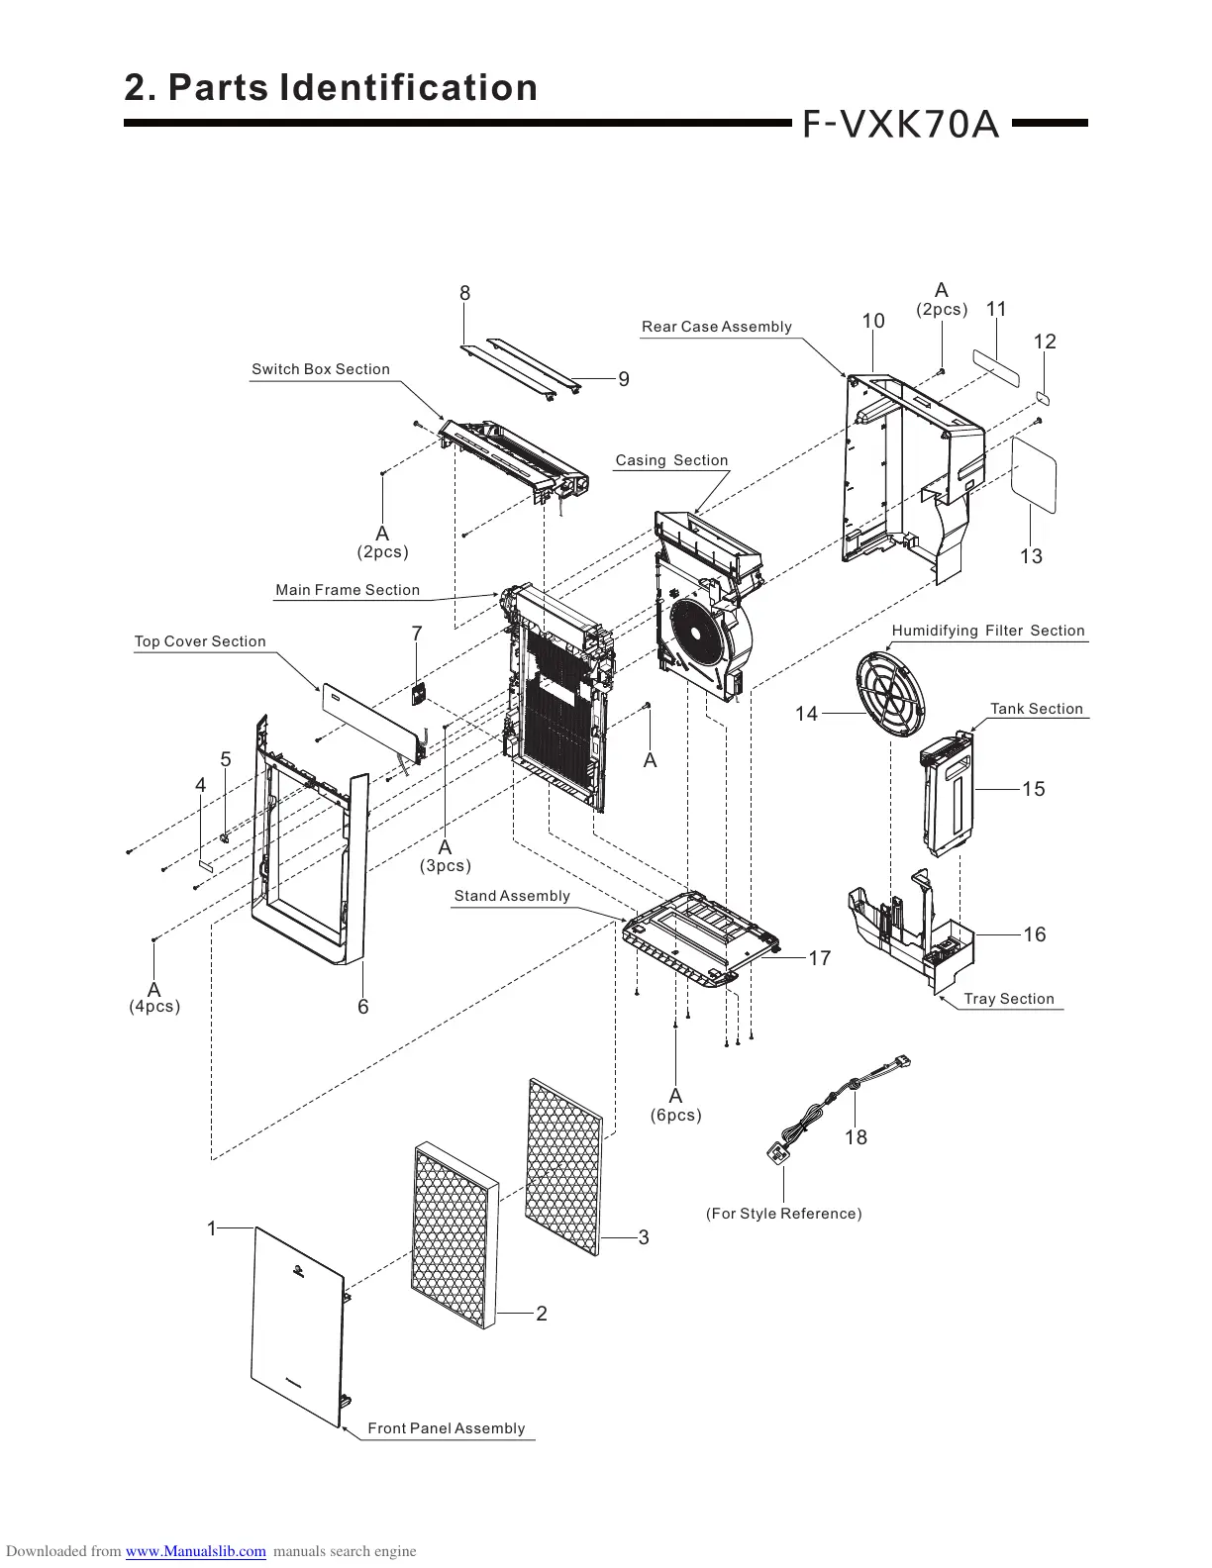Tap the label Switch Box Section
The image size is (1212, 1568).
coord(320,369)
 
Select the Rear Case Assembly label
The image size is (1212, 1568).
coord(716,327)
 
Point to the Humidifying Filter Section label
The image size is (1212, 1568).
coord(987,631)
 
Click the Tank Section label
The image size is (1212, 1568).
coord(1036,709)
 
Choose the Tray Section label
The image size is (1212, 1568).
coord(1008,999)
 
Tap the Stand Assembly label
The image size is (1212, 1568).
coord(511,896)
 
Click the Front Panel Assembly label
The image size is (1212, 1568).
coord(446,1428)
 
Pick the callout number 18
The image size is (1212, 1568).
coord(856,1138)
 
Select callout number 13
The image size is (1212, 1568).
coord(1031,556)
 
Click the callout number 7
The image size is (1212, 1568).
coord(417,634)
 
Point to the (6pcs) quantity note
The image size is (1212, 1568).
coord(675,1116)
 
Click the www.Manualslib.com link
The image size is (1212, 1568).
coord(195,1551)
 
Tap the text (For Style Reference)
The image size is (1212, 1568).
coord(783,1214)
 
